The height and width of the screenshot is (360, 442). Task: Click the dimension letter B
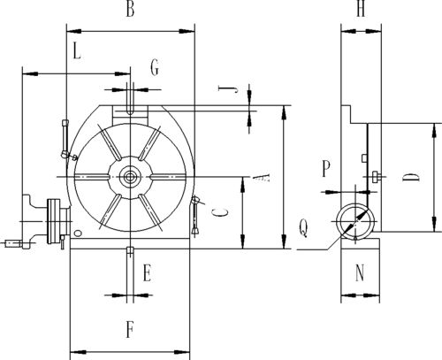coord(130,9)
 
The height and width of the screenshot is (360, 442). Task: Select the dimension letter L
coord(77,51)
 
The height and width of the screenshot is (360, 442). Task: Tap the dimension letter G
coord(155,67)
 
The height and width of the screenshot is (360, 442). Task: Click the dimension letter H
coord(361,9)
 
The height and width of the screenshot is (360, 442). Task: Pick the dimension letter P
coord(325,168)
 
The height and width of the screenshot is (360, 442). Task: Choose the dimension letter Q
coord(303,228)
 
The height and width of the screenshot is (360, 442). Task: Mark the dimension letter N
coord(360,272)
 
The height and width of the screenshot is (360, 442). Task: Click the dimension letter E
coord(147,273)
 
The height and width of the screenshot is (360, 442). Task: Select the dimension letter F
coord(130,330)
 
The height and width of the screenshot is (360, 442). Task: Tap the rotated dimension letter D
coord(410,177)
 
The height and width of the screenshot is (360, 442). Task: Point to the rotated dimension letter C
coord(220,212)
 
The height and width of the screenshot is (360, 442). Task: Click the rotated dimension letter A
coord(261,177)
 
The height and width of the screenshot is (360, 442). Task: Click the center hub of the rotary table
coord(129,177)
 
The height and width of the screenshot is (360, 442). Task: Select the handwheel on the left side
coord(55,221)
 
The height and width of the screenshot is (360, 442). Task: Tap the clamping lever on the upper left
coord(66,140)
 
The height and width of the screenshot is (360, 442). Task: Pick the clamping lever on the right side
coord(195,215)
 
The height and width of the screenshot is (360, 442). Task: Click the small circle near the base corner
coord(78,234)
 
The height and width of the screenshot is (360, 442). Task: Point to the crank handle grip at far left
coord(13,243)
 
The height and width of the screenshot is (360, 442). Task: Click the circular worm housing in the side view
coord(355,221)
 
